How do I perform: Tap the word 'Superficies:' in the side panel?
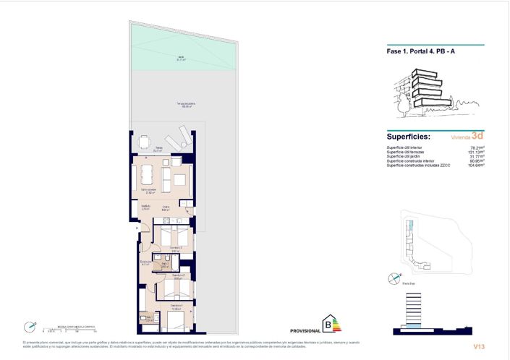(x=409, y=136)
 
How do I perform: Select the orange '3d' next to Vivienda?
(x=477, y=135)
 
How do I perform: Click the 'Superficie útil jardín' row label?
(x=405, y=156)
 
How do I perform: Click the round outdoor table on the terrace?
(x=145, y=142)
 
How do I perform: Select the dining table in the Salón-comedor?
(x=148, y=173)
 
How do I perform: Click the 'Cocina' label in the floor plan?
(x=166, y=207)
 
